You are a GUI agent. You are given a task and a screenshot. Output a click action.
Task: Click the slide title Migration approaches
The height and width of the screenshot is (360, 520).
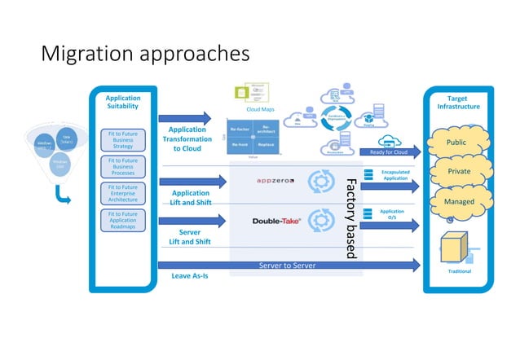click(144, 54)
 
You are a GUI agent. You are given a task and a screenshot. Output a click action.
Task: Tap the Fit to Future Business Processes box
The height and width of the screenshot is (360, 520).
click(123, 167)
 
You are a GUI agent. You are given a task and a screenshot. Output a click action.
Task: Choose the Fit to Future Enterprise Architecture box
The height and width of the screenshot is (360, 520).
click(123, 193)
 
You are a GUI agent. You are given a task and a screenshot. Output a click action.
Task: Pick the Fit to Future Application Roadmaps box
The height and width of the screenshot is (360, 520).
click(123, 221)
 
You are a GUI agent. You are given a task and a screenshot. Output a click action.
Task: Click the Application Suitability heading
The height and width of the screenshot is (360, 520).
click(123, 102)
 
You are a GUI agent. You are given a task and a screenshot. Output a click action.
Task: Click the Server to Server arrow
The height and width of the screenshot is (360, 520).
click(289, 265)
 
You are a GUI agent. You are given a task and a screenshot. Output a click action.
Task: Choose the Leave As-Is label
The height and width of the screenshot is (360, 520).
click(190, 276)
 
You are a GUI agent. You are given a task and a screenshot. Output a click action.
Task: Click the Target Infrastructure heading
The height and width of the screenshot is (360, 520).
click(458, 102)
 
